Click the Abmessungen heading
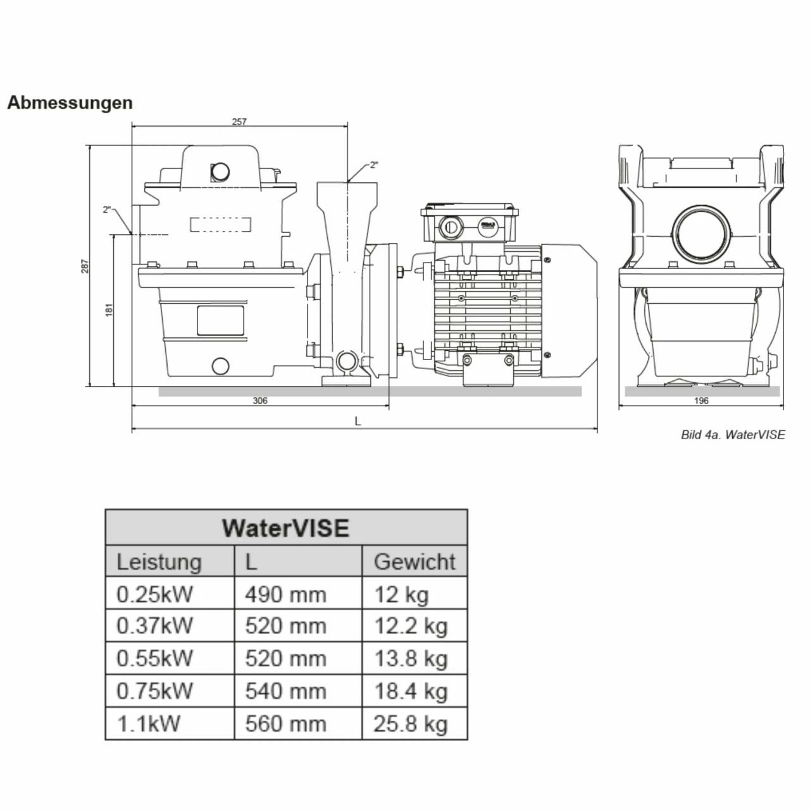(x=70, y=103)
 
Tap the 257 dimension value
(x=239, y=121)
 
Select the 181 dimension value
(x=108, y=309)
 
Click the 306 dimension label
(x=260, y=401)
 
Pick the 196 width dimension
(x=701, y=401)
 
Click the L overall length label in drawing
(x=358, y=421)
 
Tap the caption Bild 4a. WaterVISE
(x=733, y=435)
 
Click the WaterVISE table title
(x=285, y=528)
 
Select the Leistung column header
(x=159, y=561)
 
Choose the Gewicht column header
(x=414, y=561)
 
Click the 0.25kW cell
(x=154, y=594)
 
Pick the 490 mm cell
(x=285, y=594)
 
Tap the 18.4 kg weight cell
(x=411, y=690)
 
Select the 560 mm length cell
(x=285, y=723)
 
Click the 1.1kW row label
(x=148, y=723)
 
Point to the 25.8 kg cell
(x=411, y=723)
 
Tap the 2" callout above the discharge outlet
(x=374, y=165)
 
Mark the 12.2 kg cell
(x=411, y=626)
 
